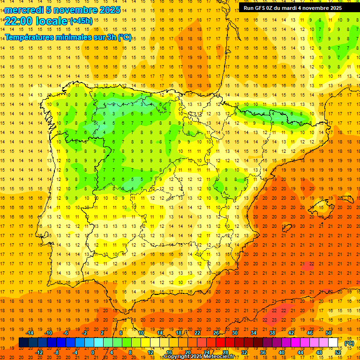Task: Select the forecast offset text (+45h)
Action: [81, 21]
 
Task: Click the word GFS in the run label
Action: [262, 8]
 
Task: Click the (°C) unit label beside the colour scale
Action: [349, 343]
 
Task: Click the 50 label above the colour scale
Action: [329, 333]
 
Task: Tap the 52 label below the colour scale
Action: [338, 352]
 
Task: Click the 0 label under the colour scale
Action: [93, 352]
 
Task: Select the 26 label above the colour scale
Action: [216, 333]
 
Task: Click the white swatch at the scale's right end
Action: [333, 343]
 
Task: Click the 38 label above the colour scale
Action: [272, 333]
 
